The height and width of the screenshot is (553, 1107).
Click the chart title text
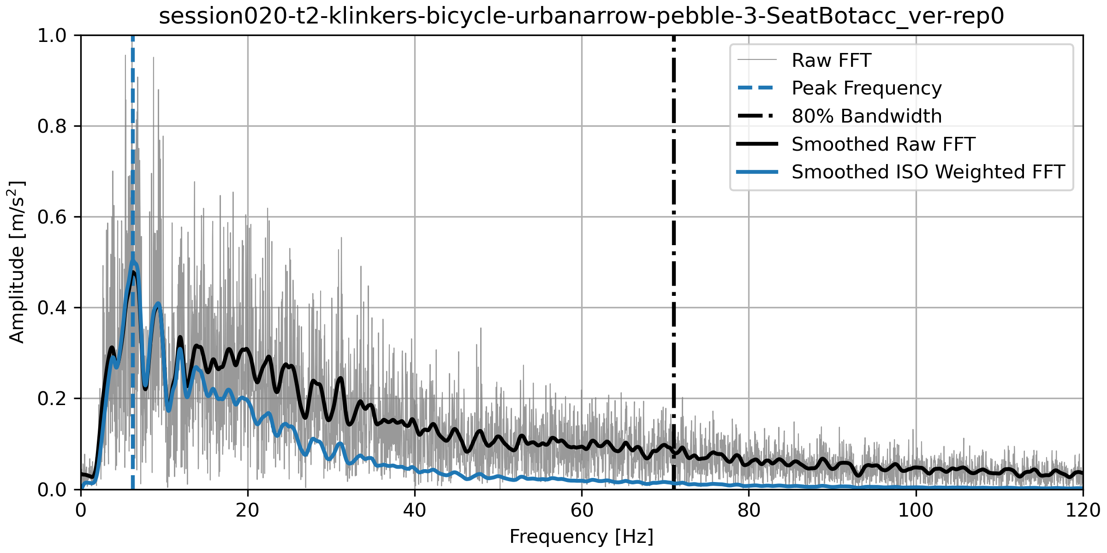[581, 17]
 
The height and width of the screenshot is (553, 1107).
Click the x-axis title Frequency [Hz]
[581, 537]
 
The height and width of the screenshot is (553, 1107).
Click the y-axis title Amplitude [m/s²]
[17, 262]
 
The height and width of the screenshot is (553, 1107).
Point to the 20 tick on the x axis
[248, 510]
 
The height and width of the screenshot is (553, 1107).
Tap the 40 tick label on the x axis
[415, 510]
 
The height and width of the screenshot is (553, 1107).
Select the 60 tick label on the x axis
[582, 510]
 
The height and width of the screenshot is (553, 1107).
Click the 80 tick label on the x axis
[749, 510]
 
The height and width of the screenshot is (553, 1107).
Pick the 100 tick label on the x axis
[916, 510]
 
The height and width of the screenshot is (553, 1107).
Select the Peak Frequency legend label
[866, 88]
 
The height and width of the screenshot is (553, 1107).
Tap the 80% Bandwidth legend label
[866, 116]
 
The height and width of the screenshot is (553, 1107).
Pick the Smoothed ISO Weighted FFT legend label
[928, 172]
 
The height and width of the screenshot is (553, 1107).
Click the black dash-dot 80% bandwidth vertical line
[674, 276]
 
